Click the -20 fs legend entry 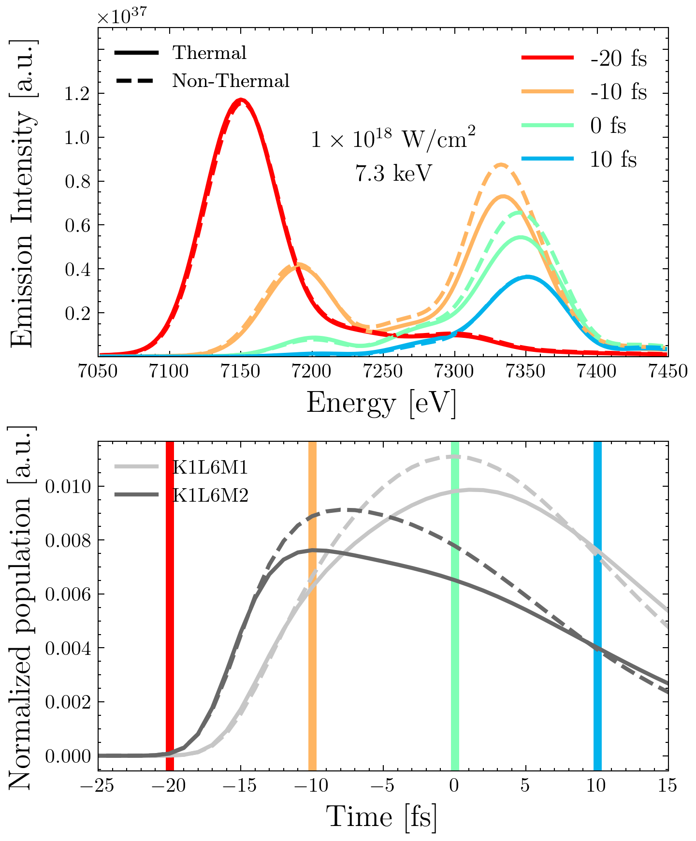[x=618, y=58]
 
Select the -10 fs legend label [x=618, y=92]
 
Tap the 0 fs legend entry [x=608, y=126]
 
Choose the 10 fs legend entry [x=613, y=159]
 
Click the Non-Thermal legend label [x=231, y=81]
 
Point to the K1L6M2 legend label [x=210, y=495]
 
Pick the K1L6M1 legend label [x=210, y=467]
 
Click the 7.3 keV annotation [x=392, y=173]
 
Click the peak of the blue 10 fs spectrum [x=527, y=277]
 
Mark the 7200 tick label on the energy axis [x=313, y=371]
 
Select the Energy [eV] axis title [x=381, y=403]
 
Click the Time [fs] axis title [x=381, y=817]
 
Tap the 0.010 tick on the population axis [x=68, y=486]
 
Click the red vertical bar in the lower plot [x=170, y=604]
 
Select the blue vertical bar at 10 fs [x=598, y=604]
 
